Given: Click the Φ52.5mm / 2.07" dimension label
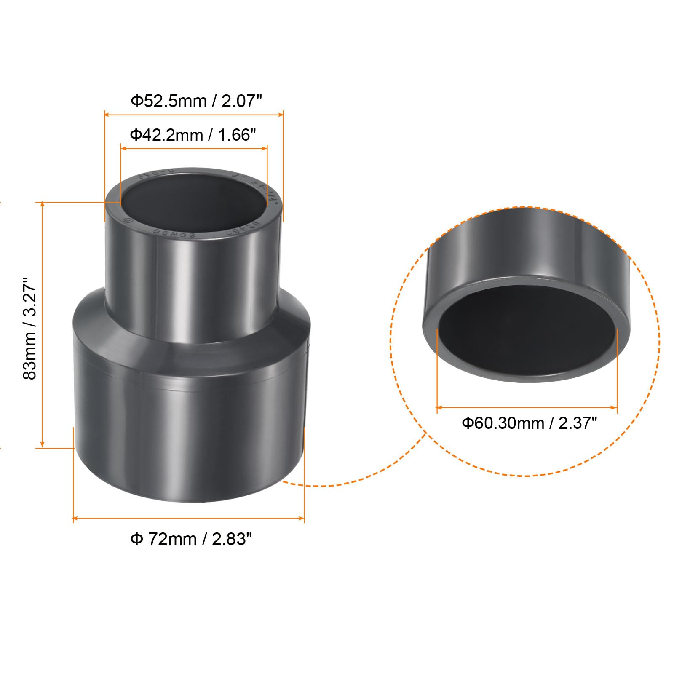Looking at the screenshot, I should [196, 101].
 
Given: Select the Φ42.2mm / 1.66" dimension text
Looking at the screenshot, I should [193, 135].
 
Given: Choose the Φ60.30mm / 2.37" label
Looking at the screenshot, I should [529, 423].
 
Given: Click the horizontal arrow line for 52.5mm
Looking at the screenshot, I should [194, 114].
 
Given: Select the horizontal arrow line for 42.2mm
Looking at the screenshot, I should [194, 148].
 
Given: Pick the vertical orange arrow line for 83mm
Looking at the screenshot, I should [42, 324].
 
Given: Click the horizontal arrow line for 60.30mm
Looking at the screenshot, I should [527, 407].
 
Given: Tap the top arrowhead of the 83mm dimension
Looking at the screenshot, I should [42, 205].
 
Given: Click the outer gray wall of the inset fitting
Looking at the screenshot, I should [527, 249].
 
